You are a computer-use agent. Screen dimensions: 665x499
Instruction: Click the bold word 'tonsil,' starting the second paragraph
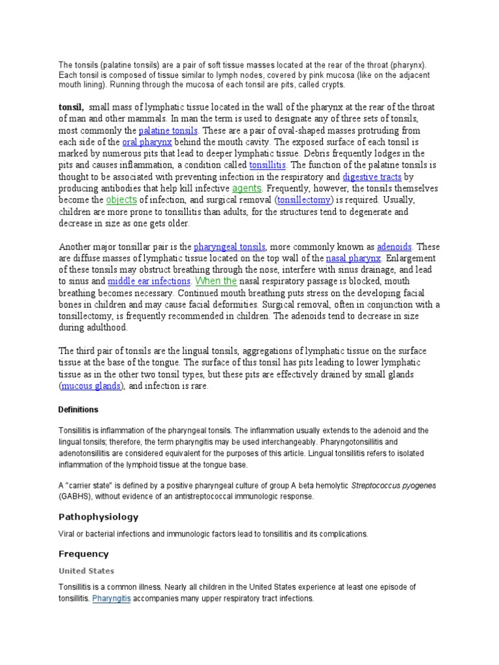click(x=71, y=107)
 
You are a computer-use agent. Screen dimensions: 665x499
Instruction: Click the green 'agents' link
click(x=247, y=188)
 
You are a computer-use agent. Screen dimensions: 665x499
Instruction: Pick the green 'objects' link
click(x=122, y=200)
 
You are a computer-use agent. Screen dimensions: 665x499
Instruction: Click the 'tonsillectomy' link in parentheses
click(x=305, y=200)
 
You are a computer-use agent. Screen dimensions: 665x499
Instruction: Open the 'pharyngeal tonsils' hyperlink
click(x=229, y=247)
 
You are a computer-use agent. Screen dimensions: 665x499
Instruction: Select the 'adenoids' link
click(x=394, y=247)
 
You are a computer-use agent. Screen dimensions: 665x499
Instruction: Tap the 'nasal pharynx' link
click(x=353, y=258)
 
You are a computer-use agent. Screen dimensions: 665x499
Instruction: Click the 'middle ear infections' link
click(x=149, y=282)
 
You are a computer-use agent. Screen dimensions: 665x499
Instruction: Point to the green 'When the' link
click(x=216, y=281)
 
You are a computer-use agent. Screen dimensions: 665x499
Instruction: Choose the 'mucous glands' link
click(x=92, y=386)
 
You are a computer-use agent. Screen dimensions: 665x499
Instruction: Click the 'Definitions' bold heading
click(x=78, y=410)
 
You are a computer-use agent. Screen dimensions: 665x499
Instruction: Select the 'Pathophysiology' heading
click(x=98, y=517)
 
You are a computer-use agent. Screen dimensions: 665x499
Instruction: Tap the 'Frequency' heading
click(x=84, y=554)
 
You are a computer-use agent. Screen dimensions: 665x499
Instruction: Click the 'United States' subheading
click(x=86, y=571)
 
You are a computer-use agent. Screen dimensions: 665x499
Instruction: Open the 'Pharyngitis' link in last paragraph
click(x=111, y=598)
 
